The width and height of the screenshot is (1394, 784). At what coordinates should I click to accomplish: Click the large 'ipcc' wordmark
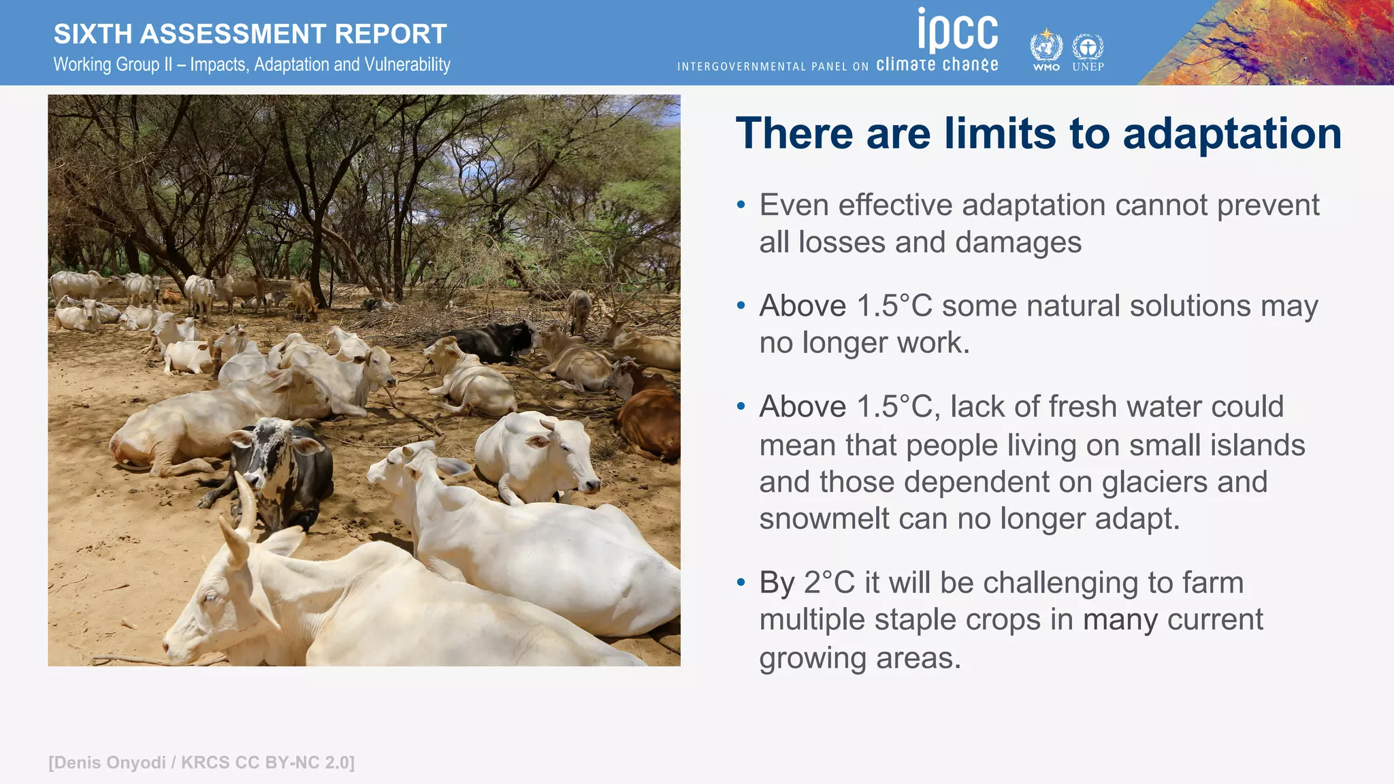click(x=958, y=31)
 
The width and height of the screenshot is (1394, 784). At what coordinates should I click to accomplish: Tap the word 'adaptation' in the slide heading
click(x=1232, y=133)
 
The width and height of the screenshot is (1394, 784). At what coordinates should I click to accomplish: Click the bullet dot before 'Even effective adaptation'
click(x=741, y=205)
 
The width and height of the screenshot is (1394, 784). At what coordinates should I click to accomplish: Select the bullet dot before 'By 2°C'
click(x=741, y=583)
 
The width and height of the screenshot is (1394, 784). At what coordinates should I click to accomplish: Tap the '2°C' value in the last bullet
click(x=828, y=583)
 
